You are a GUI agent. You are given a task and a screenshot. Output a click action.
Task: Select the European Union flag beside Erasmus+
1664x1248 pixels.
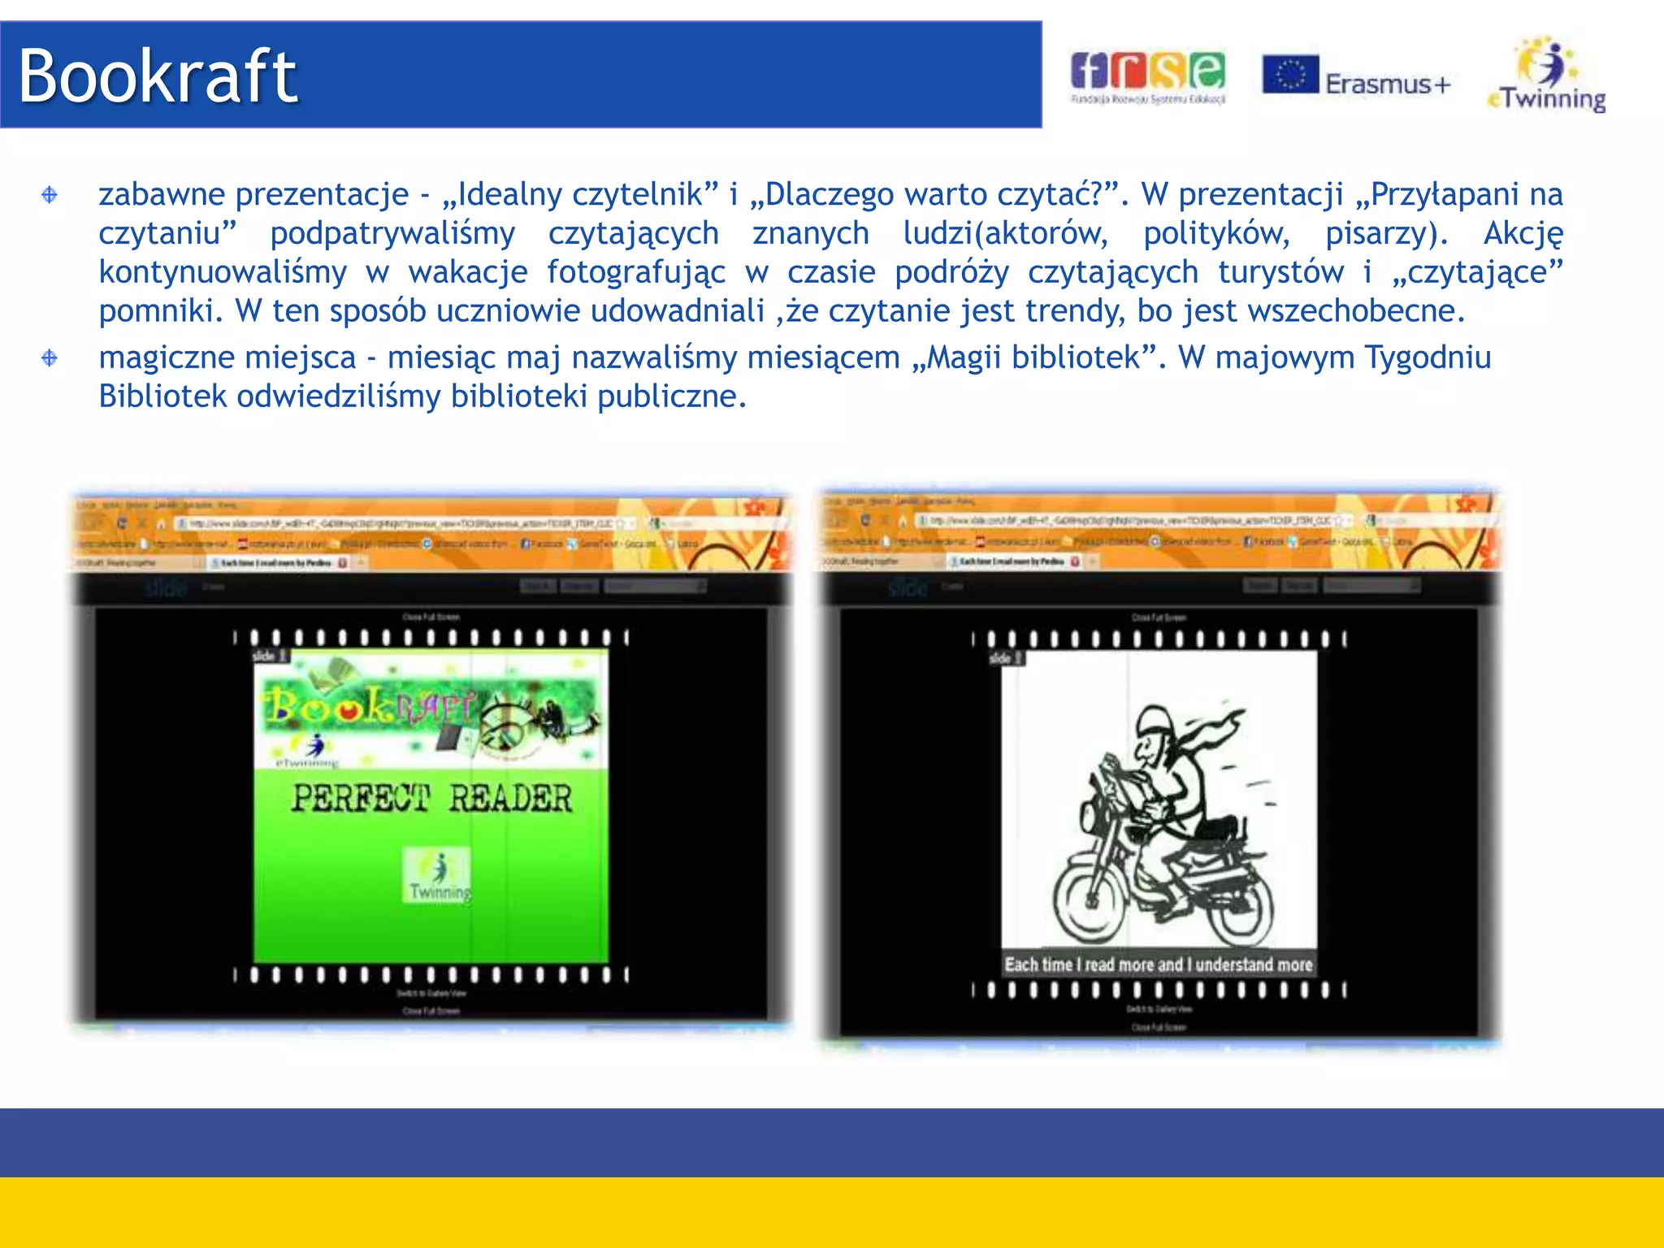(x=1289, y=75)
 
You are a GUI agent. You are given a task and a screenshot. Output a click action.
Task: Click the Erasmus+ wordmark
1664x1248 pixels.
(x=1387, y=84)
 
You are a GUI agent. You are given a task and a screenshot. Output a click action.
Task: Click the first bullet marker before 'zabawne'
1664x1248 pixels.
(x=50, y=195)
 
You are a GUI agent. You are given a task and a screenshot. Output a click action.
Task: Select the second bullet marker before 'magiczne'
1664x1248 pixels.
(x=50, y=357)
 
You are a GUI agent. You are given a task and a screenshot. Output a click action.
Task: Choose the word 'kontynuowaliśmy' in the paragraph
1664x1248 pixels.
(x=223, y=272)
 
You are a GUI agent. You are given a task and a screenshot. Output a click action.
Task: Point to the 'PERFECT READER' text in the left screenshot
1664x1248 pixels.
(x=431, y=798)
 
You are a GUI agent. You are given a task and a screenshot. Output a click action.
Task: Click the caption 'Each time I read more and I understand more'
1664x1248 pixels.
(x=1158, y=964)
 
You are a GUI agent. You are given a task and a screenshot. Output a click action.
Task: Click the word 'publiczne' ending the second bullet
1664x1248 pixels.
(x=671, y=396)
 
